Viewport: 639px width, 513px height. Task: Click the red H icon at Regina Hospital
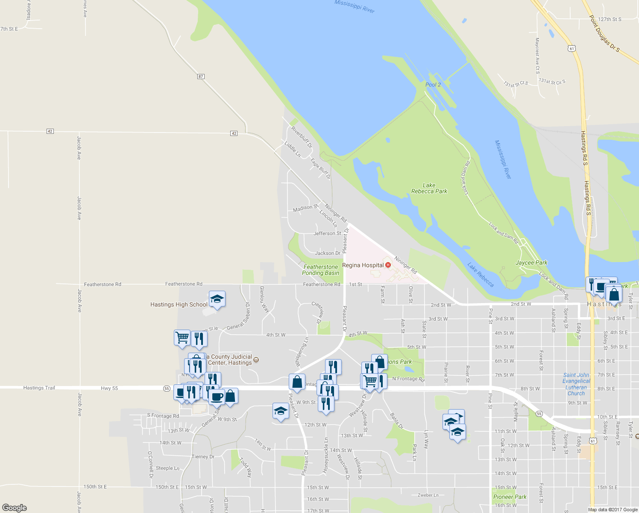[388, 265]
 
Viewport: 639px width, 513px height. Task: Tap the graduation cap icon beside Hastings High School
[217, 299]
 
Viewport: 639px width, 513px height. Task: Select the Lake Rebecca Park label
[429, 188]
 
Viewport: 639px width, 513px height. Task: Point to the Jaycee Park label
[531, 262]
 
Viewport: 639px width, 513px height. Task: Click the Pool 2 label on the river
[433, 85]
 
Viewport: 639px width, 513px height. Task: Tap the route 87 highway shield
[201, 77]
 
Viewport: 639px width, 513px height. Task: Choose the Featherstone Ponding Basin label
[320, 270]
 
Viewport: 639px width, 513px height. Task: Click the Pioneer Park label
[510, 497]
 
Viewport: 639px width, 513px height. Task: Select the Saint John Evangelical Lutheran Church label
[576, 384]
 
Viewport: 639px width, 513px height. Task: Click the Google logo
[14, 508]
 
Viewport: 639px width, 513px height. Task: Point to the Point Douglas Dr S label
[604, 33]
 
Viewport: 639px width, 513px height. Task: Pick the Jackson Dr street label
[327, 253]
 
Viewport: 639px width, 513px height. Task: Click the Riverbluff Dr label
[302, 137]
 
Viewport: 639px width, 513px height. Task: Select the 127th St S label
[610, 19]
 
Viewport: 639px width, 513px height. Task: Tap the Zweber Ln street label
[428, 495]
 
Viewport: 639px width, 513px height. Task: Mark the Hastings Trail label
[39, 388]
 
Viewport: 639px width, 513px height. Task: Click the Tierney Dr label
[202, 457]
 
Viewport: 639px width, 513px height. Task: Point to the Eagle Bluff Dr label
[320, 168]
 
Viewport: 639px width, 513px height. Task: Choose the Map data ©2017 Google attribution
[613, 510]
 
